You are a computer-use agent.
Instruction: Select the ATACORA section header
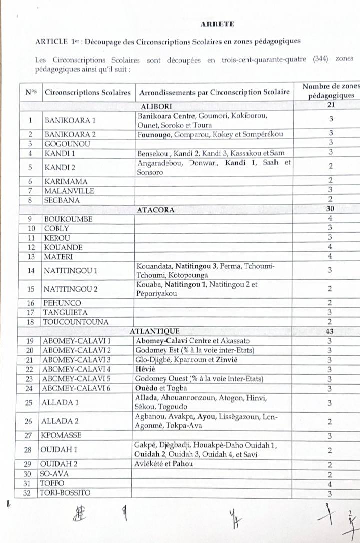(156, 210)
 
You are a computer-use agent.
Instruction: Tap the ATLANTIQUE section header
(154, 331)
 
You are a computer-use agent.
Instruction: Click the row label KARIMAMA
(66, 181)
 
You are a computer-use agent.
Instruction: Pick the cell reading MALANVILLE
(69, 190)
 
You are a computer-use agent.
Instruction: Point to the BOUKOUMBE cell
(68, 219)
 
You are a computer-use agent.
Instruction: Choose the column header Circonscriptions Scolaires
(88, 92)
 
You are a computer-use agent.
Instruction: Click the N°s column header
(31, 92)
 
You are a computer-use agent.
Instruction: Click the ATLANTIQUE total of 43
(330, 331)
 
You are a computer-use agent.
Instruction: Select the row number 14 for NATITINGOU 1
(31, 271)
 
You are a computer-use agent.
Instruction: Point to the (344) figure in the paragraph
(320, 60)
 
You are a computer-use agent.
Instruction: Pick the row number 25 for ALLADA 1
(31, 402)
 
